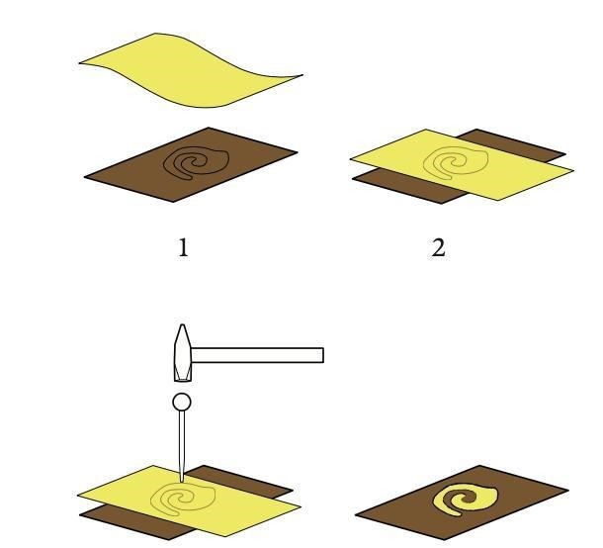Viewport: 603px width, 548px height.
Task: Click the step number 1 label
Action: click(x=184, y=247)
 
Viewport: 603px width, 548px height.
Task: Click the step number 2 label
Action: click(x=438, y=247)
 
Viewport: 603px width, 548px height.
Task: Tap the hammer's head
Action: click(x=183, y=353)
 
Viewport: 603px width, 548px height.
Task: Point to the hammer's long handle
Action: click(x=257, y=355)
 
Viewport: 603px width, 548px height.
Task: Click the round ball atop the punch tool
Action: click(x=182, y=402)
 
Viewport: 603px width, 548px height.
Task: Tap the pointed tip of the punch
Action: click(x=182, y=481)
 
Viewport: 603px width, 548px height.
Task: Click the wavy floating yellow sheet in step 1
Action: click(x=191, y=70)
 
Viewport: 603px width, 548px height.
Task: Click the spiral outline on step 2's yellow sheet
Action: click(x=456, y=163)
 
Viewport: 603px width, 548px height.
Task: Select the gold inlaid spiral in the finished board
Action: click(x=466, y=500)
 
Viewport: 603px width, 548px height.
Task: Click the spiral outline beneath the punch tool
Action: click(x=183, y=500)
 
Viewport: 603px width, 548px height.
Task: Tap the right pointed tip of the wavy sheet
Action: click(x=302, y=75)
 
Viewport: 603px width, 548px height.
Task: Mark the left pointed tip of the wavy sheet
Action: click(x=80, y=62)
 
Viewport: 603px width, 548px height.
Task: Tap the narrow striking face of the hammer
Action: click(x=183, y=381)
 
